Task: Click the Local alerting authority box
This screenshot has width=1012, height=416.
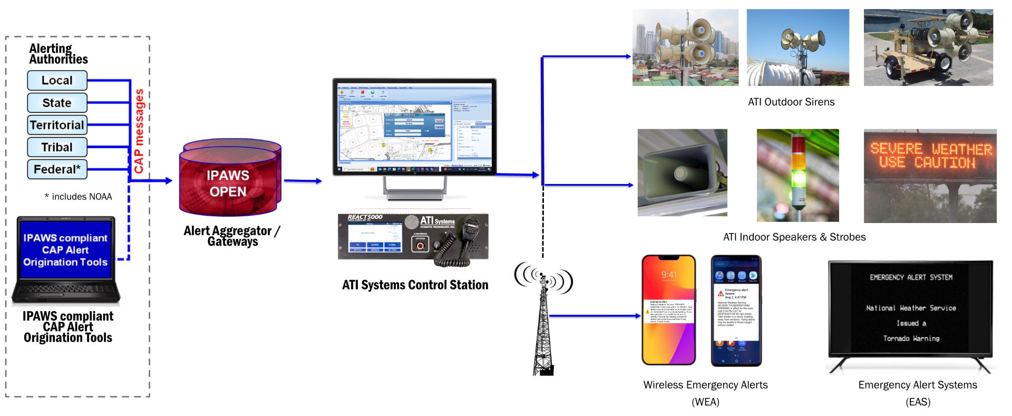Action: pos(57,81)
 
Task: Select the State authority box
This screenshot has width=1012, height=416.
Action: pos(57,103)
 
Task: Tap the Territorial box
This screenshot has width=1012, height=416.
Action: pos(57,125)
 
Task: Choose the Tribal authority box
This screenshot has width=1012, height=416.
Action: pos(57,147)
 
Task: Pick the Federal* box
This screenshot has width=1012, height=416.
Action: pos(57,169)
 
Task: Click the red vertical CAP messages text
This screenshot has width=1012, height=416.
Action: pos(139,131)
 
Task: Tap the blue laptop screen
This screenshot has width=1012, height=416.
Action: pos(65,250)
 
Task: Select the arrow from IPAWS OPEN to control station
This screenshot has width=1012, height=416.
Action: pos(303,181)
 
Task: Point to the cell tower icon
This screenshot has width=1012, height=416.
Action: pos(543,322)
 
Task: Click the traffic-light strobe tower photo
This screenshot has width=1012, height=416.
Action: pos(797,176)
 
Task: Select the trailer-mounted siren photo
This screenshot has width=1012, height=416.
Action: pos(928,47)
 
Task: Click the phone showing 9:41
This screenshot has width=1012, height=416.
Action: pos(669,311)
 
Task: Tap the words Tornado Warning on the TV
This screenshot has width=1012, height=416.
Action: pos(911,338)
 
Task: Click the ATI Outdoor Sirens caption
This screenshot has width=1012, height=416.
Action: pos(791,102)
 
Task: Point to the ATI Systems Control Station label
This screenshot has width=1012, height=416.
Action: pos(415,285)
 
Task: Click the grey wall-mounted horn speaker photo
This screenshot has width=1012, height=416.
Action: pos(682,173)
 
